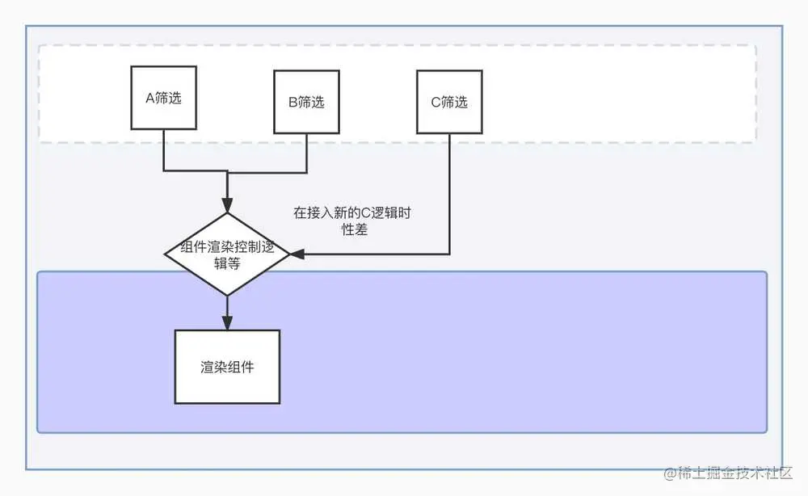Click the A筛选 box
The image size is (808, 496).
click(x=164, y=97)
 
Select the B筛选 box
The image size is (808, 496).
click(x=306, y=102)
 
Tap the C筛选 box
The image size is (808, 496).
click(x=448, y=102)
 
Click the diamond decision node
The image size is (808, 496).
click(x=227, y=254)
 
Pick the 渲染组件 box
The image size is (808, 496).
click(x=227, y=367)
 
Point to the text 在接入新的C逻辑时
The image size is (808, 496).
click(x=357, y=213)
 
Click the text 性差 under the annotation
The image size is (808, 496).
click(x=356, y=230)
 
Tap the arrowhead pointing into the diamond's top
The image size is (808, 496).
click(x=227, y=205)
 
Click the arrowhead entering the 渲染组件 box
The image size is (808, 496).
click(x=227, y=322)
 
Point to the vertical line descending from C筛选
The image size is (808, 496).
click(x=448, y=194)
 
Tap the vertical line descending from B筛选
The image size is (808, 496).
click(x=306, y=153)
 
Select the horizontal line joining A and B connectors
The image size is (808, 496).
click(x=234, y=171)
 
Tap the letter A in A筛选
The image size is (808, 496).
click(x=149, y=98)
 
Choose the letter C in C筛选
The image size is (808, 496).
click(x=434, y=103)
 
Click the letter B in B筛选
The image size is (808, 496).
click(x=292, y=103)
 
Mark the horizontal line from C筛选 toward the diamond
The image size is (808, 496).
click(x=372, y=254)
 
